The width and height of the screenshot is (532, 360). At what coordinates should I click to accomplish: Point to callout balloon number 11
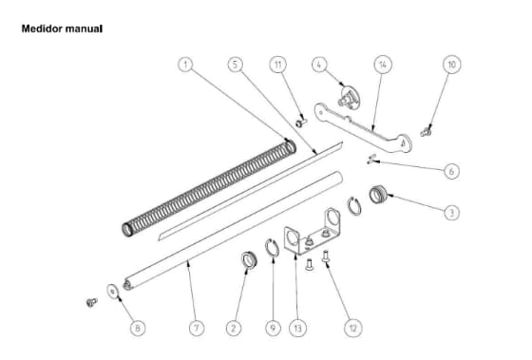[x=277, y=65]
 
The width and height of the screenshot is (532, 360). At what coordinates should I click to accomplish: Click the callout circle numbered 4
[x=320, y=65]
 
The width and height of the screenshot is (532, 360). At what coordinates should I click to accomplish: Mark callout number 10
[x=451, y=65]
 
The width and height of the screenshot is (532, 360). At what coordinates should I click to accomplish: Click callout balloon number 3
[x=451, y=213]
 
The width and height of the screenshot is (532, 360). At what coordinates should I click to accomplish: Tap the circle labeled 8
[x=137, y=328]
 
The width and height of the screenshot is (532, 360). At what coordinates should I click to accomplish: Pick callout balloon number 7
[x=196, y=328]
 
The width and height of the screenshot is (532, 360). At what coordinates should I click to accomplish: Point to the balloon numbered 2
[x=233, y=328]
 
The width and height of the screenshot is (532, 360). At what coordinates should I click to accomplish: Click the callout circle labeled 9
[x=272, y=328]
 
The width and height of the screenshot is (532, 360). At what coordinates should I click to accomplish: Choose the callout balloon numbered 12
[x=353, y=328]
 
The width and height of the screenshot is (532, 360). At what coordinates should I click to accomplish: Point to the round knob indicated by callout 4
[x=352, y=96]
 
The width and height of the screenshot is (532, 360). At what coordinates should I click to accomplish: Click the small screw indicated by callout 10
[x=427, y=129]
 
